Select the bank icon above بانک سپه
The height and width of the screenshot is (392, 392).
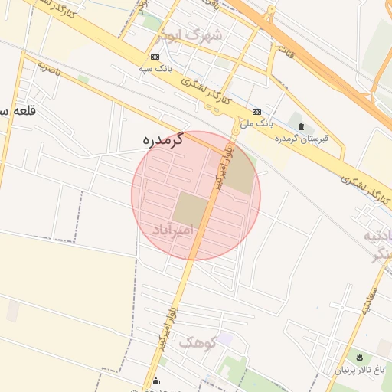[155, 57]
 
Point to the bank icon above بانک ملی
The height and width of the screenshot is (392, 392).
[256, 111]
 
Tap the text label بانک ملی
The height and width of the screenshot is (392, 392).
[256, 122]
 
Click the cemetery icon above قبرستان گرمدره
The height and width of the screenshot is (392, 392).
[300, 126]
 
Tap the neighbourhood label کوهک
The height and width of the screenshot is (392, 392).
[197, 342]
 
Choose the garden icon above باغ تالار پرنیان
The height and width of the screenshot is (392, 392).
[358, 358]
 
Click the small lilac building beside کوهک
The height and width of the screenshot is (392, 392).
[224, 338]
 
